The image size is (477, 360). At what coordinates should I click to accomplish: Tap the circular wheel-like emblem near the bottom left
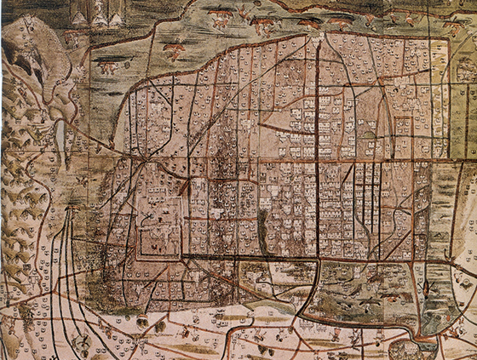pos(83,341)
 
